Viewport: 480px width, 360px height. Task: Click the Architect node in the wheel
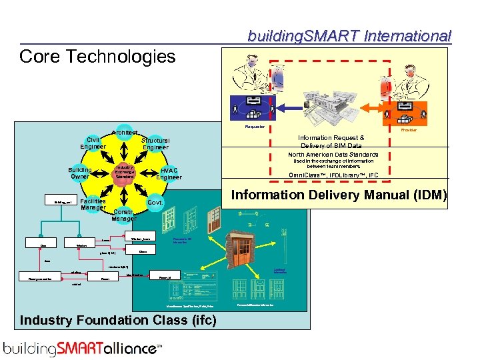[x=124, y=133]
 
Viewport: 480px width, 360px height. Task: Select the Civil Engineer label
[x=93, y=143]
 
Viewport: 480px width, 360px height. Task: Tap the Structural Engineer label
[x=155, y=144]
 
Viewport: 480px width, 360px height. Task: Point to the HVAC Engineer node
[x=169, y=173]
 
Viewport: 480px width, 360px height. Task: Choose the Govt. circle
[x=155, y=202]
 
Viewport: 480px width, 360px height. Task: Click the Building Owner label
[x=80, y=174]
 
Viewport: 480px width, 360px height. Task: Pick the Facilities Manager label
[x=93, y=204]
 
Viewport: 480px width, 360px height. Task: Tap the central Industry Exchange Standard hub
[x=125, y=172]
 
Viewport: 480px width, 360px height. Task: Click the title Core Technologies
[x=97, y=57]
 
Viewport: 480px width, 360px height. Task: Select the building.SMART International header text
[x=349, y=36]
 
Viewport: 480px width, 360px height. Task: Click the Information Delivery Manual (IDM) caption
[x=339, y=195]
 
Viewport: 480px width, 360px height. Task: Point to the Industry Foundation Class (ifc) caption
[x=118, y=320]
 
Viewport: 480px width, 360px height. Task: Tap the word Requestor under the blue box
[x=255, y=126]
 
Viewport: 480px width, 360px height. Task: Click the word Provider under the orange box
[x=408, y=130]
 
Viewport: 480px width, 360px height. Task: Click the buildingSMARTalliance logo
[x=83, y=347]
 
